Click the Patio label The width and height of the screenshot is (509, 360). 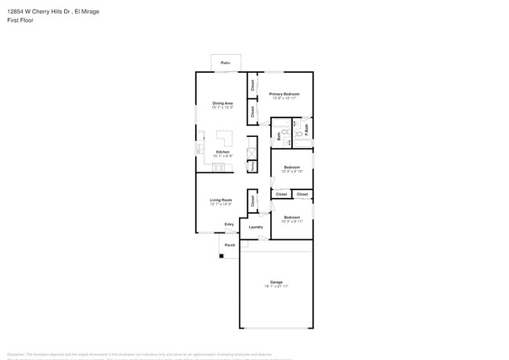pyautogui.click(x=225, y=62)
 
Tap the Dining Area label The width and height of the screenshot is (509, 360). pyautogui.click(x=222, y=103)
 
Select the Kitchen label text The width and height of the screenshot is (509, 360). pyautogui.click(x=222, y=152)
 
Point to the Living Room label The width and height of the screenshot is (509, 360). pyautogui.click(x=222, y=200)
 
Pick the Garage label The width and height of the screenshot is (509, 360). pyautogui.click(x=276, y=282)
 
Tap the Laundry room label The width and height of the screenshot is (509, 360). pyautogui.click(x=256, y=228)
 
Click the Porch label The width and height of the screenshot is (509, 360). pyautogui.click(x=230, y=245)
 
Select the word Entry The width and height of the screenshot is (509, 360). pyautogui.click(x=229, y=225)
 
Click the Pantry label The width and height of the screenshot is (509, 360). pyautogui.click(x=252, y=167)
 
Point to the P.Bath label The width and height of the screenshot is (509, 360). pyautogui.click(x=306, y=128)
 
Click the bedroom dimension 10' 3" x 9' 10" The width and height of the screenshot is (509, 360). pyautogui.click(x=293, y=171)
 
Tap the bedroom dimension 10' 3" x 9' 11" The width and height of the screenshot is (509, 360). pyautogui.click(x=292, y=221)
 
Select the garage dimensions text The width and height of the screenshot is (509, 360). pyautogui.click(x=276, y=286)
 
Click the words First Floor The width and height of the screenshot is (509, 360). pyautogui.click(x=20, y=20)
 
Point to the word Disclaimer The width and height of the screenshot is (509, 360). pyautogui.click(x=16, y=354)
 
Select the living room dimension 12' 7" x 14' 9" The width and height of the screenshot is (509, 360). pyautogui.click(x=222, y=205)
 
